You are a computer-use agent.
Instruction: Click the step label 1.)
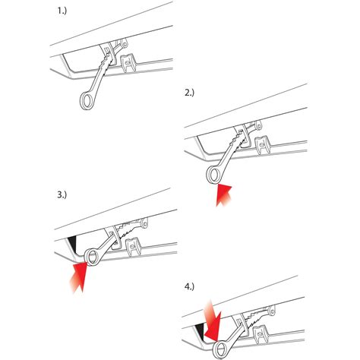pyautogui.click(x=62, y=11)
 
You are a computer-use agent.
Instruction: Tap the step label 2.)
pyautogui.click(x=190, y=93)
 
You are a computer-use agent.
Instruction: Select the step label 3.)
pyautogui.click(x=62, y=194)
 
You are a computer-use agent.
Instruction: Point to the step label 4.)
pyautogui.click(x=190, y=286)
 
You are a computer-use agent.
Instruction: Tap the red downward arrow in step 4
pyautogui.click(x=213, y=321)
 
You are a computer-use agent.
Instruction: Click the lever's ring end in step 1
pyautogui.click(x=87, y=101)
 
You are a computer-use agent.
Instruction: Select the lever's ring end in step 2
pyautogui.click(x=213, y=175)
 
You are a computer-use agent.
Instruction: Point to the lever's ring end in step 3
pyautogui.click(x=93, y=257)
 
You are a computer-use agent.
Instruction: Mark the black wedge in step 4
pyautogui.click(x=201, y=330)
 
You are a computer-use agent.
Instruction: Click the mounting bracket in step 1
pyautogui.click(x=128, y=63)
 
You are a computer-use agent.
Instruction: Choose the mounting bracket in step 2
pyautogui.click(x=263, y=145)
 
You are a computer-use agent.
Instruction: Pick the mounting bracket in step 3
pyautogui.click(x=134, y=247)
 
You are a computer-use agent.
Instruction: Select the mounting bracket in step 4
pyautogui.click(x=261, y=334)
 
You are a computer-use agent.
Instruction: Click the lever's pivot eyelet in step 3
pyautogui.click(x=144, y=223)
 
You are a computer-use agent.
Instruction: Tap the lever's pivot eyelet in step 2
pyautogui.click(x=258, y=125)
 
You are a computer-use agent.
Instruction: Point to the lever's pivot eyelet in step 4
pyautogui.click(x=272, y=311)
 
